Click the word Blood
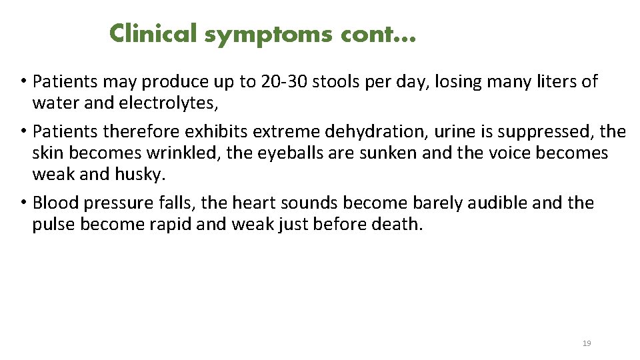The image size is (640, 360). pos(54,203)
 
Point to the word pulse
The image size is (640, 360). pos(53,225)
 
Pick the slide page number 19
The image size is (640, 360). pos(587,343)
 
